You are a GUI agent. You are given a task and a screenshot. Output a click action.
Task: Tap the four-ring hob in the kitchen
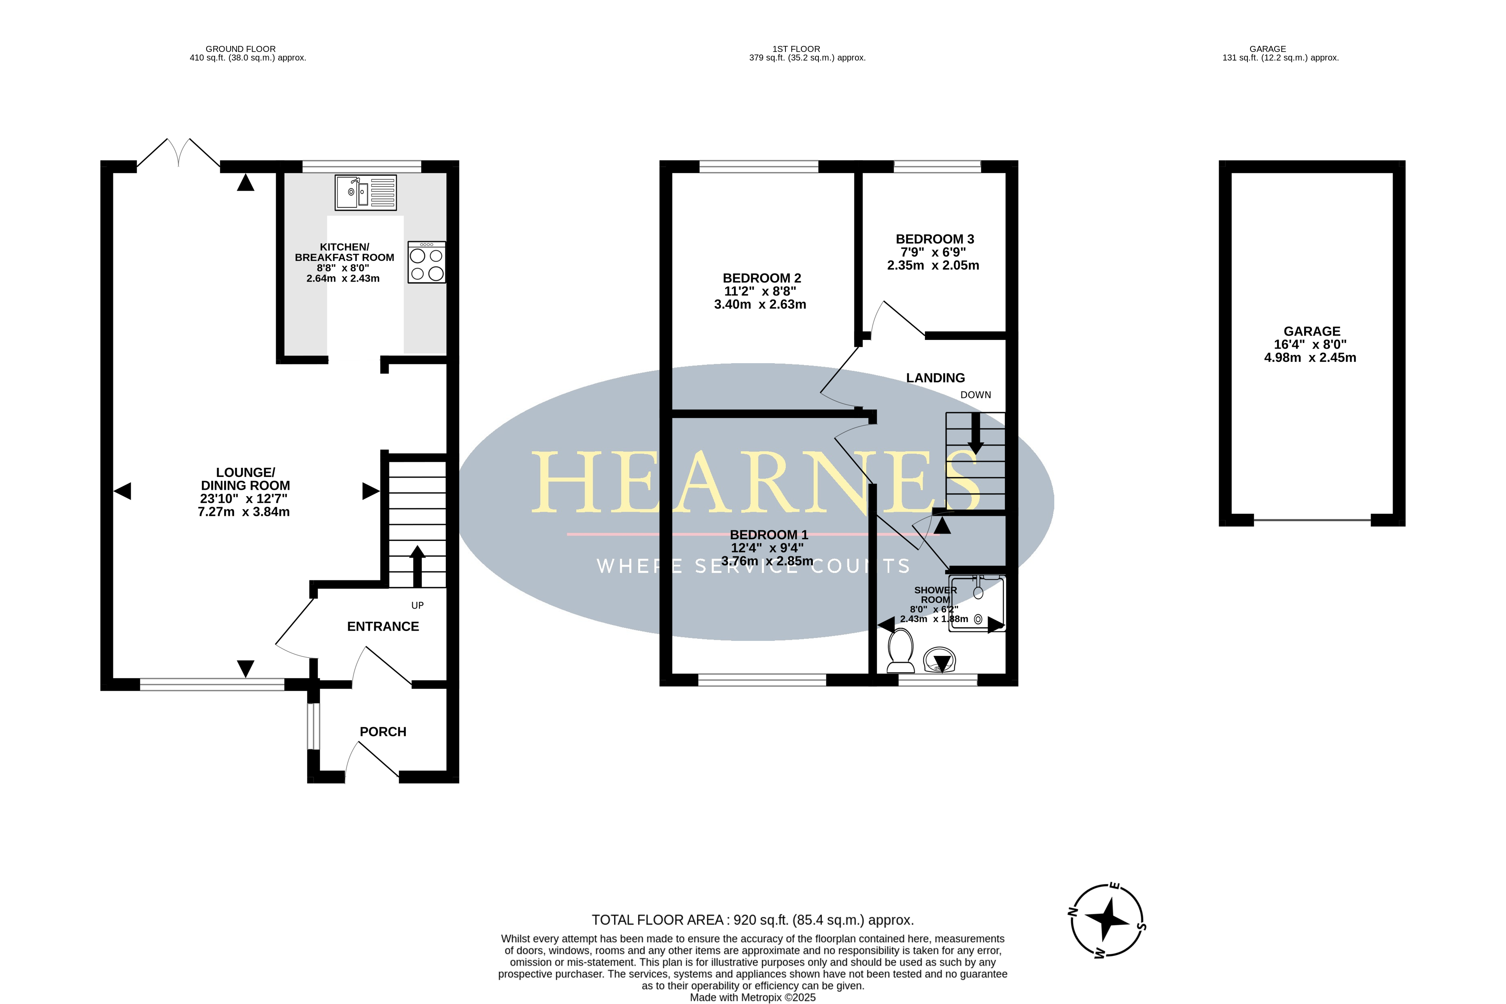point(426,262)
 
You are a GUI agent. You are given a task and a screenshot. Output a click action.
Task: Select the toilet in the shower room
point(901,650)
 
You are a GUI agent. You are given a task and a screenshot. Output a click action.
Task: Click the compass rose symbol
point(1107,920)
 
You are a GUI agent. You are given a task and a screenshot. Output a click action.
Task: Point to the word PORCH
point(383,732)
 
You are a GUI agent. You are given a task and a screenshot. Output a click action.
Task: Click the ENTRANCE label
point(383,627)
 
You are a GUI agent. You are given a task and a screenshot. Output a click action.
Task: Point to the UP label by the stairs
point(417,606)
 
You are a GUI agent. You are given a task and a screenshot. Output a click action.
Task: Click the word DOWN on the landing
point(976,395)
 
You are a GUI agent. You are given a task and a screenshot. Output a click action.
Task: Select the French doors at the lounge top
point(178,153)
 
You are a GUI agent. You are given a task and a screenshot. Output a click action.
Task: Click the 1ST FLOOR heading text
point(796,49)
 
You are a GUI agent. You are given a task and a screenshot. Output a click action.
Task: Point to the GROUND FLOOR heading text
point(241,49)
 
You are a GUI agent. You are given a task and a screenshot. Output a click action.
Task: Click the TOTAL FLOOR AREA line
point(753,920)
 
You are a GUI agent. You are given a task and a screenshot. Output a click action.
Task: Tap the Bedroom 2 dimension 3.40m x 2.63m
point(761,305)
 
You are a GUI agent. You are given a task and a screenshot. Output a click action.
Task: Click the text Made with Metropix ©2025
point(753,998)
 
